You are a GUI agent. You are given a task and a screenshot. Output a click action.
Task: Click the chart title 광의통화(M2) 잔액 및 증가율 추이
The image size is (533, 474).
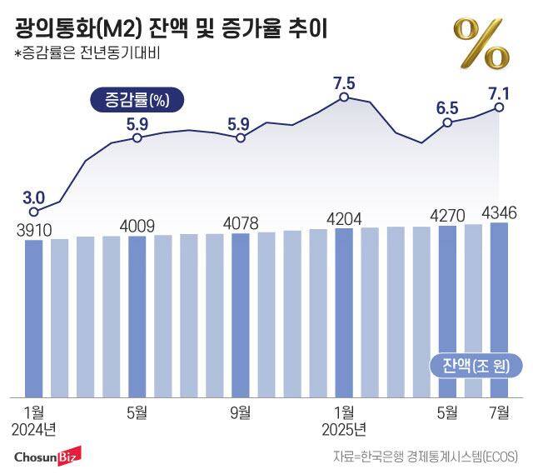coord(171,30)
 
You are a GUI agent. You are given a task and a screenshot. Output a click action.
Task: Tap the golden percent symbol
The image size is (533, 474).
coord(481,43)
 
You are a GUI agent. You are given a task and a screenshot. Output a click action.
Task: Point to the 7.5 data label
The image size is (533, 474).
coord(343,82)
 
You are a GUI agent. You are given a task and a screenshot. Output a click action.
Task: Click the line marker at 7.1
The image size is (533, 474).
coord(499,107)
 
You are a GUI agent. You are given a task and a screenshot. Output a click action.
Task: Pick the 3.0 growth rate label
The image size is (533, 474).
coord(33,197)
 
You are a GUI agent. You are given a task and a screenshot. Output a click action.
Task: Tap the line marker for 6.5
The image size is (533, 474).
coord(447,122)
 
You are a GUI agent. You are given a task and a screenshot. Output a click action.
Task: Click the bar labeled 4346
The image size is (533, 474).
coord(499,309)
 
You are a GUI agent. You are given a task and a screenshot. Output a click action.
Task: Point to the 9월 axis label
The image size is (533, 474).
coord(241,412)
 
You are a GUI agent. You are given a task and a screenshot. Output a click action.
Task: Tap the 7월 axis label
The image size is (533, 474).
coord(499,412)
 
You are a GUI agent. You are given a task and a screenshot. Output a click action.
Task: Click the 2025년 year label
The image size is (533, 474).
coord(343,429)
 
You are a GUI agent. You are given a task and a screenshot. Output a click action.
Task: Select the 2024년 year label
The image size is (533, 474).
coord(35,429)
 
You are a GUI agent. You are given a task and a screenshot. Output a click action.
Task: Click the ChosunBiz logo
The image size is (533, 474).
coord(46,457)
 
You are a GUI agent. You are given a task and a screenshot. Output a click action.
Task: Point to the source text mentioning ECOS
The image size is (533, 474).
coord(425,457)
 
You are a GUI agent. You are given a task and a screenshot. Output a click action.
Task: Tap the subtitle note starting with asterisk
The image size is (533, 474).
coord(87,55)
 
